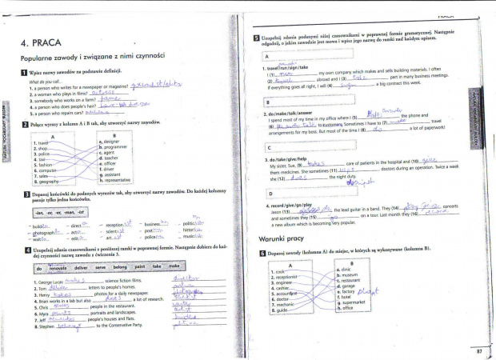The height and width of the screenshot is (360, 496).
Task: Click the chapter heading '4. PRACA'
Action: (x=39, y=43)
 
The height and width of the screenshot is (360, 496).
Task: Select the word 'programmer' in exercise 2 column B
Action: (x=115, y=148)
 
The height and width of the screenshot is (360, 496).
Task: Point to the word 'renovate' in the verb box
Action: (x=52, y=269)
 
